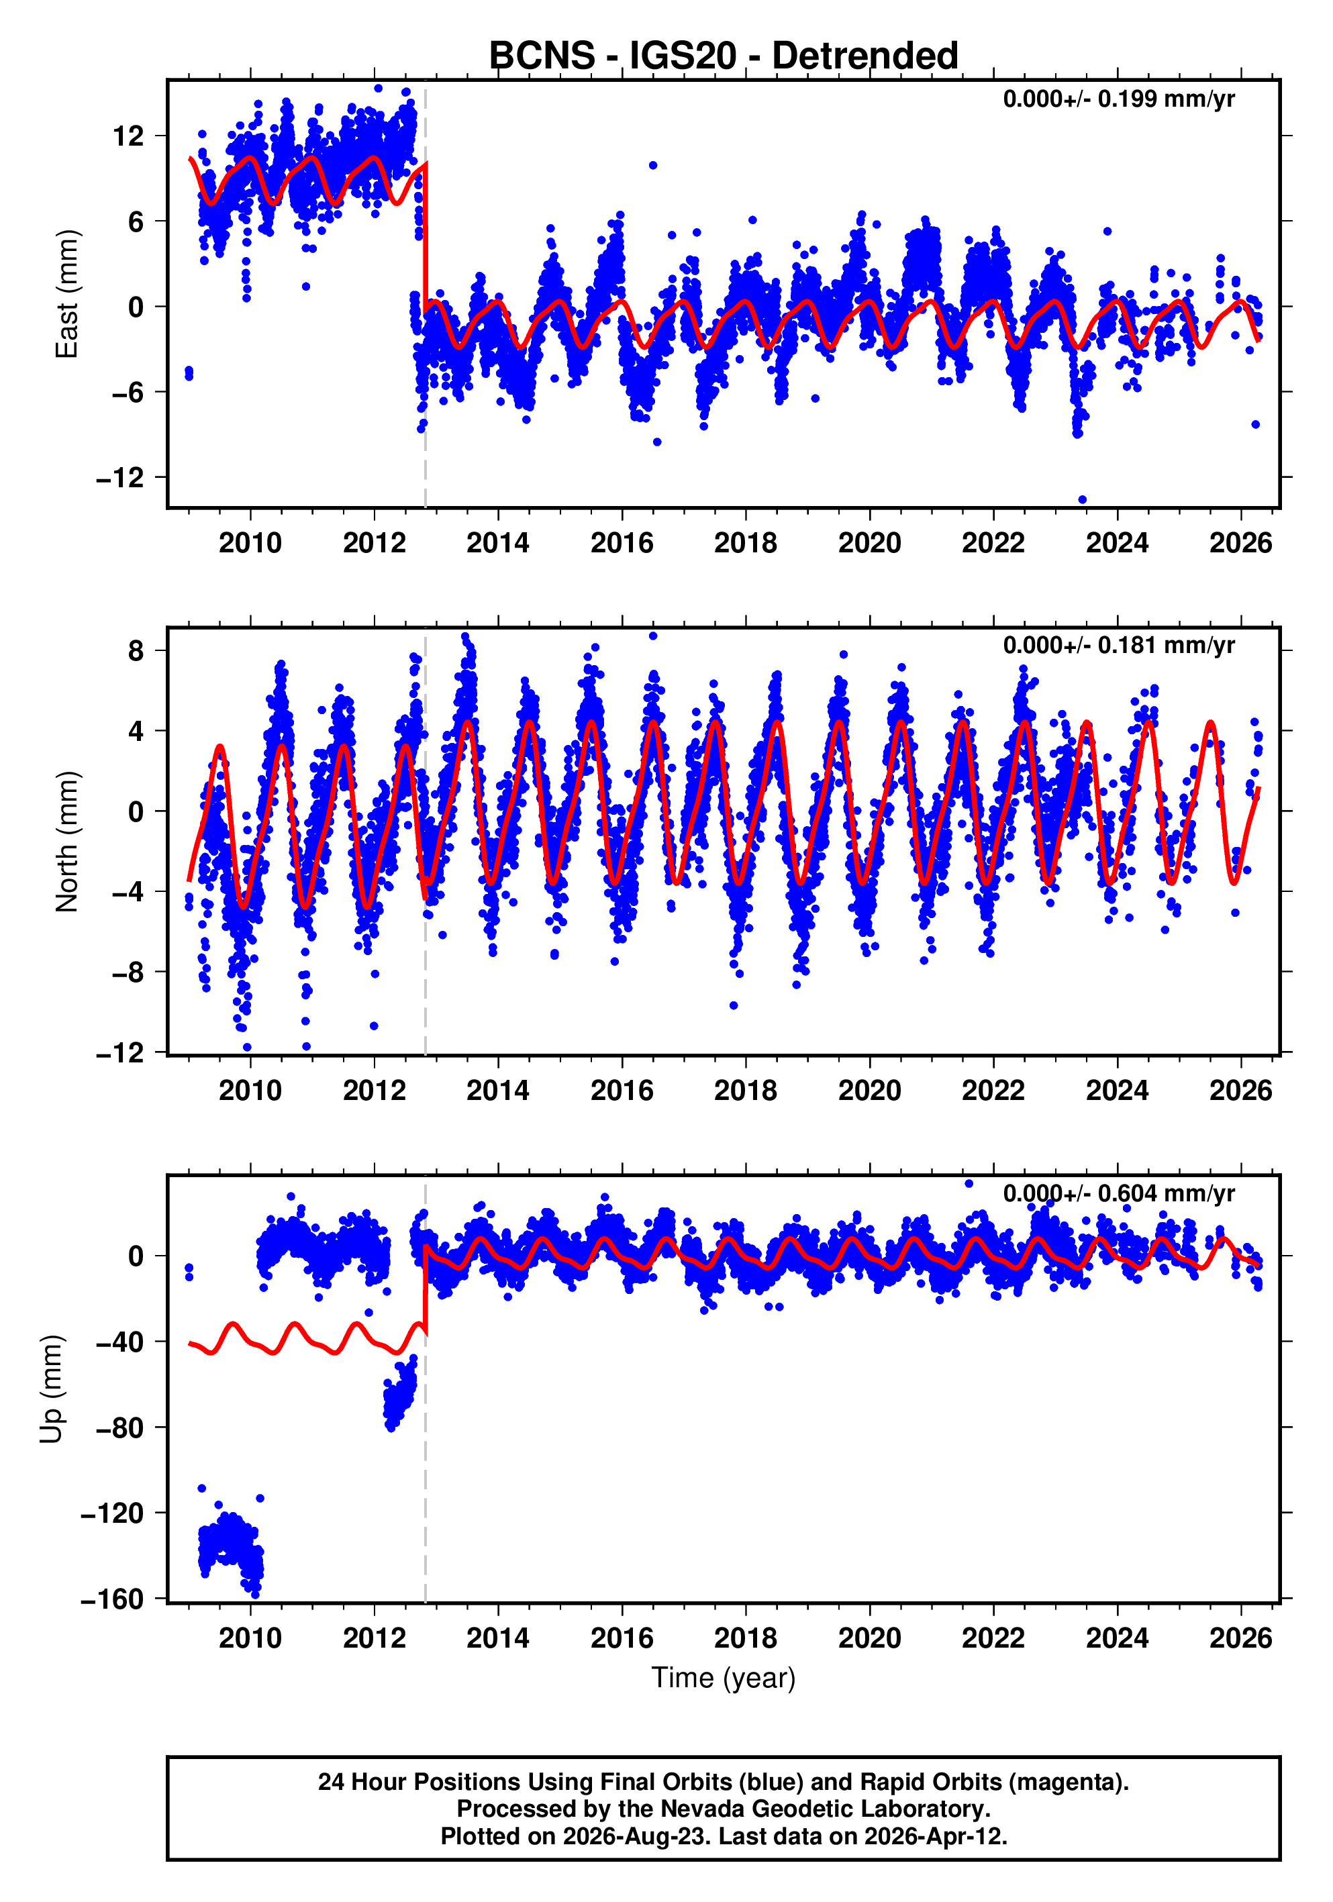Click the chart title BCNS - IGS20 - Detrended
pos(724,56)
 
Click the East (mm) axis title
pos(66,294)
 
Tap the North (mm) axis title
pos(66,842)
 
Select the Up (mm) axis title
pos(52,1389)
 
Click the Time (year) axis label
pos(724,1677)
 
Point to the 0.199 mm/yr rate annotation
pos(1118,99)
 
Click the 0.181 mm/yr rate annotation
pos(1118,646)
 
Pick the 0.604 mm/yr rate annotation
pos(1118,1194)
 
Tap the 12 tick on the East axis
pos(128,136)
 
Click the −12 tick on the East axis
pos(120,478)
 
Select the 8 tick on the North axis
pos(136,651)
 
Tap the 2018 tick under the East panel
pos(746,544)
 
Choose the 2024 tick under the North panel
pos(1117,1091)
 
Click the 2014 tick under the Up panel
pos(498,1638)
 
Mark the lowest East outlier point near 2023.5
pos(1082,499)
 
